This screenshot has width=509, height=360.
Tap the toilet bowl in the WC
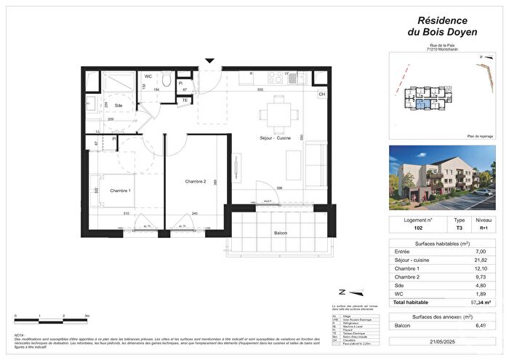[x=167, y=80]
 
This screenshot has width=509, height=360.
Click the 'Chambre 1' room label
[x=121, y=191]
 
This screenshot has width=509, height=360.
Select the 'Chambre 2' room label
[x=196, y=181]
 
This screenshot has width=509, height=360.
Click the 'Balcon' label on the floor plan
[x=281, y=233]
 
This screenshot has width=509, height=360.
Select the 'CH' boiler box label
[x=321, y=95]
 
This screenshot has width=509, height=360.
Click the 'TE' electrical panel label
[x=185, y=100]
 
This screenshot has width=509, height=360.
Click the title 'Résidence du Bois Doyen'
[x=437, y=26]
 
